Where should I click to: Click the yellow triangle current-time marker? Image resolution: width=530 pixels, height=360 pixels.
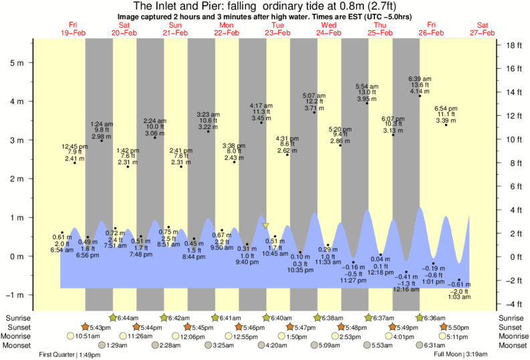[265, 226]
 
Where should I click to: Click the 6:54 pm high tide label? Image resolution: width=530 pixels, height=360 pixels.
[446, 108]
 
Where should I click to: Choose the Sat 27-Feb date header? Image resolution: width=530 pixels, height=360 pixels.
[482, 28]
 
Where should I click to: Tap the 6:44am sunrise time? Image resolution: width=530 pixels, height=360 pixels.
[127, 317]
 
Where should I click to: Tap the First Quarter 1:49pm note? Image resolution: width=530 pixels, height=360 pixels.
[70, 354]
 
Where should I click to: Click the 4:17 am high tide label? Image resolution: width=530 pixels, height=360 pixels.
[261, 106]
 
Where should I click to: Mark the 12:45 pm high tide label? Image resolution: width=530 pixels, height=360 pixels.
[74, 146]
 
